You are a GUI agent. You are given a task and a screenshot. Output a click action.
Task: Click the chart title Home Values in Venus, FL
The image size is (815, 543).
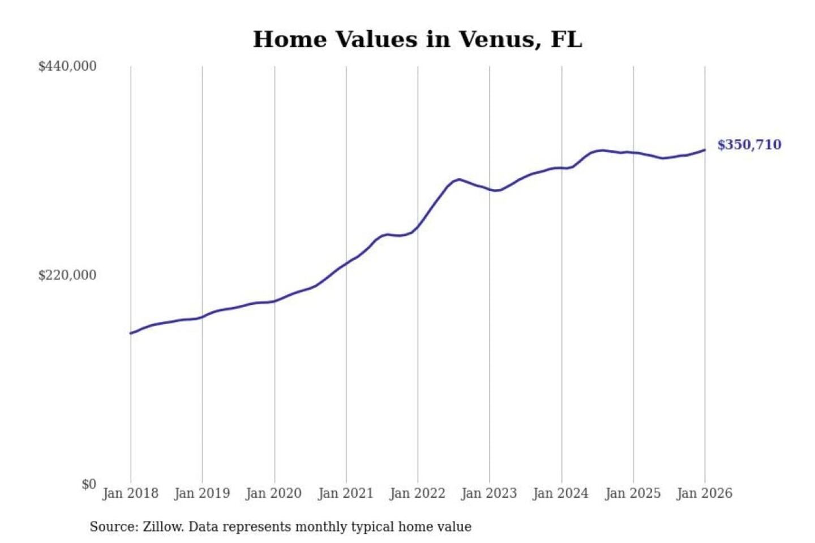(417, 40)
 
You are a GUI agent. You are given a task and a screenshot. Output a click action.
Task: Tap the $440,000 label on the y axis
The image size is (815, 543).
(67, 66)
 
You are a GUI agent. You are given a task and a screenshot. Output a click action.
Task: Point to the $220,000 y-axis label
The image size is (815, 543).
(67, 275)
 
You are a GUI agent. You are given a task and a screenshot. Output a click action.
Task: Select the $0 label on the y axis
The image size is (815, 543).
(89, 484)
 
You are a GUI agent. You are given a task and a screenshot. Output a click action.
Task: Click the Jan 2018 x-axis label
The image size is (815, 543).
(130, 493)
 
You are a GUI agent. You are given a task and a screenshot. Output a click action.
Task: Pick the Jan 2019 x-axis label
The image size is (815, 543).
(202, 493)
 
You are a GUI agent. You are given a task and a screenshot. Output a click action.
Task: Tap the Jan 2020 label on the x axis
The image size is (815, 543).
(274, 493)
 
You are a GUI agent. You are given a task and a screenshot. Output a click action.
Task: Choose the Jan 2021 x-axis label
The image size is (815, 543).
(346, 493)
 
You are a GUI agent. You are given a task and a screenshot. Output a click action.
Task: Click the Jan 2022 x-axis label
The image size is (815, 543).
(418, 493)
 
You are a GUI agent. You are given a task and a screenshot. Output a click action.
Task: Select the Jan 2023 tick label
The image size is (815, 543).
(489, 493)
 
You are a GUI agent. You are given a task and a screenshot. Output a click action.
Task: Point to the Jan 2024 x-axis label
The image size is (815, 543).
(561, 493)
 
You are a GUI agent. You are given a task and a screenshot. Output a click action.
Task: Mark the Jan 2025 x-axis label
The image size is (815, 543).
(633, 493)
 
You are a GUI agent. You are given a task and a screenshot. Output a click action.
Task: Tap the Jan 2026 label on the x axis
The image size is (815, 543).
(705, 493)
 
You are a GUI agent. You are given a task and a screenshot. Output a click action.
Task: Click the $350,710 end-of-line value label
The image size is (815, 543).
(749, 145)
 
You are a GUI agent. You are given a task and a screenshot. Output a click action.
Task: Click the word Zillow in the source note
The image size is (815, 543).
(162, 527)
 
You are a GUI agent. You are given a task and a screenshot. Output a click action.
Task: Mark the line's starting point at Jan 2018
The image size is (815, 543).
(131, 333)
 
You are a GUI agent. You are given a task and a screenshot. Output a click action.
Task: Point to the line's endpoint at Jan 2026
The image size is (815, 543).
(705, 150)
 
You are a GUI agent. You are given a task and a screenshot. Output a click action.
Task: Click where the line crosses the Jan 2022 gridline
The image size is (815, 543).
(418, 227)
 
